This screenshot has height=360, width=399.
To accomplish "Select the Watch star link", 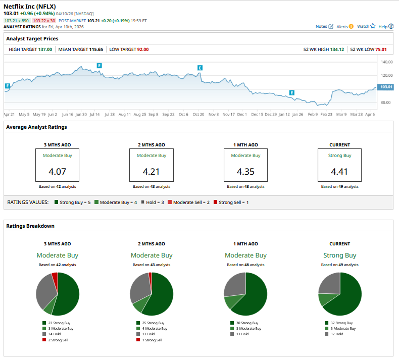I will coord(366,26).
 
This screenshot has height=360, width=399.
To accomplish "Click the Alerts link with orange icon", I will coord(345,26).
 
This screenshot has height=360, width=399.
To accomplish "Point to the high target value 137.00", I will coord(45,49).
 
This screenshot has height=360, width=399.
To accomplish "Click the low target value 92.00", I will coord(143,49).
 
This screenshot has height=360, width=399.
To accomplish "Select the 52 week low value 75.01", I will coord(381,49).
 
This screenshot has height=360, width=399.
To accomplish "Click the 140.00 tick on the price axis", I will coord(386,62).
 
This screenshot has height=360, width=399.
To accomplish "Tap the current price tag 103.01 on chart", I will coord(386,87).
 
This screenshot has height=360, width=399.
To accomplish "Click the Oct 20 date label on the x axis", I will coord(198,115).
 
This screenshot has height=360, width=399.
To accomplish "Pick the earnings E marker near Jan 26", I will coord(291,92).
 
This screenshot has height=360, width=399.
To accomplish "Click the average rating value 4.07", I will coord(58,172).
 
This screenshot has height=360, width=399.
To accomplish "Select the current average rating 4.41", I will coord(340,172).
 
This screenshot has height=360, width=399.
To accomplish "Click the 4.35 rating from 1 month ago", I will coord(245,172).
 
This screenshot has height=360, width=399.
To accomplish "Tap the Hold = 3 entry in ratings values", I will coord(149,202).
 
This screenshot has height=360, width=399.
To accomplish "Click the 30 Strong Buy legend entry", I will coord(246,323).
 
